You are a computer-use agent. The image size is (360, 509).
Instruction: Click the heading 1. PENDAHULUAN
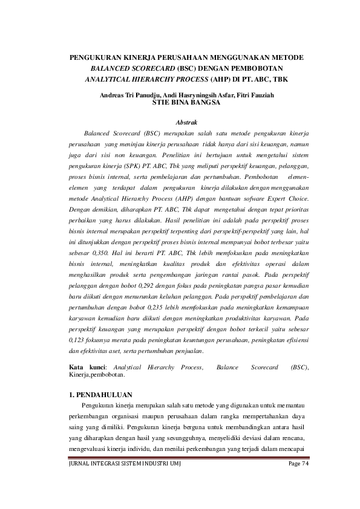tap(100, 394)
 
